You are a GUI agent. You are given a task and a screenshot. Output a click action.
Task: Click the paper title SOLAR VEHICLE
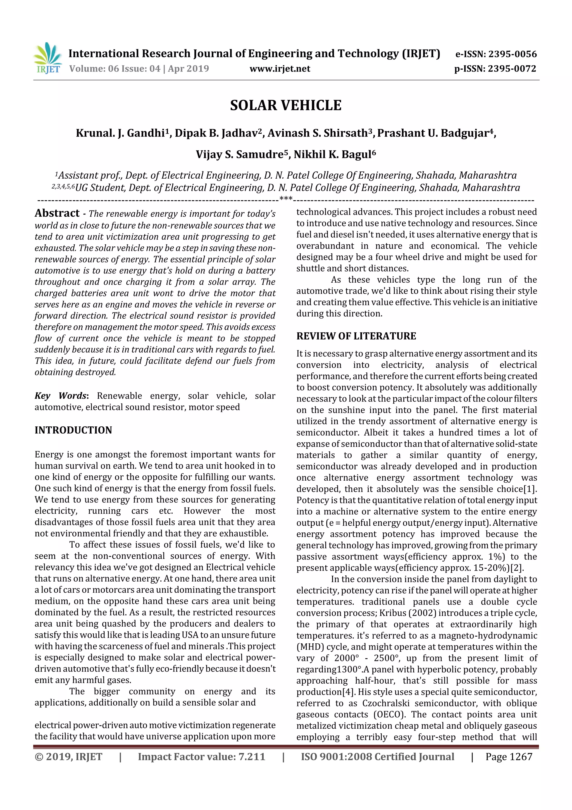tap(285, 105)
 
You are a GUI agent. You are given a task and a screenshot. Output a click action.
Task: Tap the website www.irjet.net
tap(280, 69)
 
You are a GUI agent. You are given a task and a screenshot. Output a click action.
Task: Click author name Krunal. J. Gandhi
tap(120, 133)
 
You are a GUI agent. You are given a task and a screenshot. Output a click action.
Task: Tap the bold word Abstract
tap(57, 213)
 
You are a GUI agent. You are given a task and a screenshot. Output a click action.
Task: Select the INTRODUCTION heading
tap(73, 430)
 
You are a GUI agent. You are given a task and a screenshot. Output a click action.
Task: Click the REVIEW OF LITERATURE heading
tap(356, 336)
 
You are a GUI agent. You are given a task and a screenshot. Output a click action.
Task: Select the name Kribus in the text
tap(392, 613)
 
